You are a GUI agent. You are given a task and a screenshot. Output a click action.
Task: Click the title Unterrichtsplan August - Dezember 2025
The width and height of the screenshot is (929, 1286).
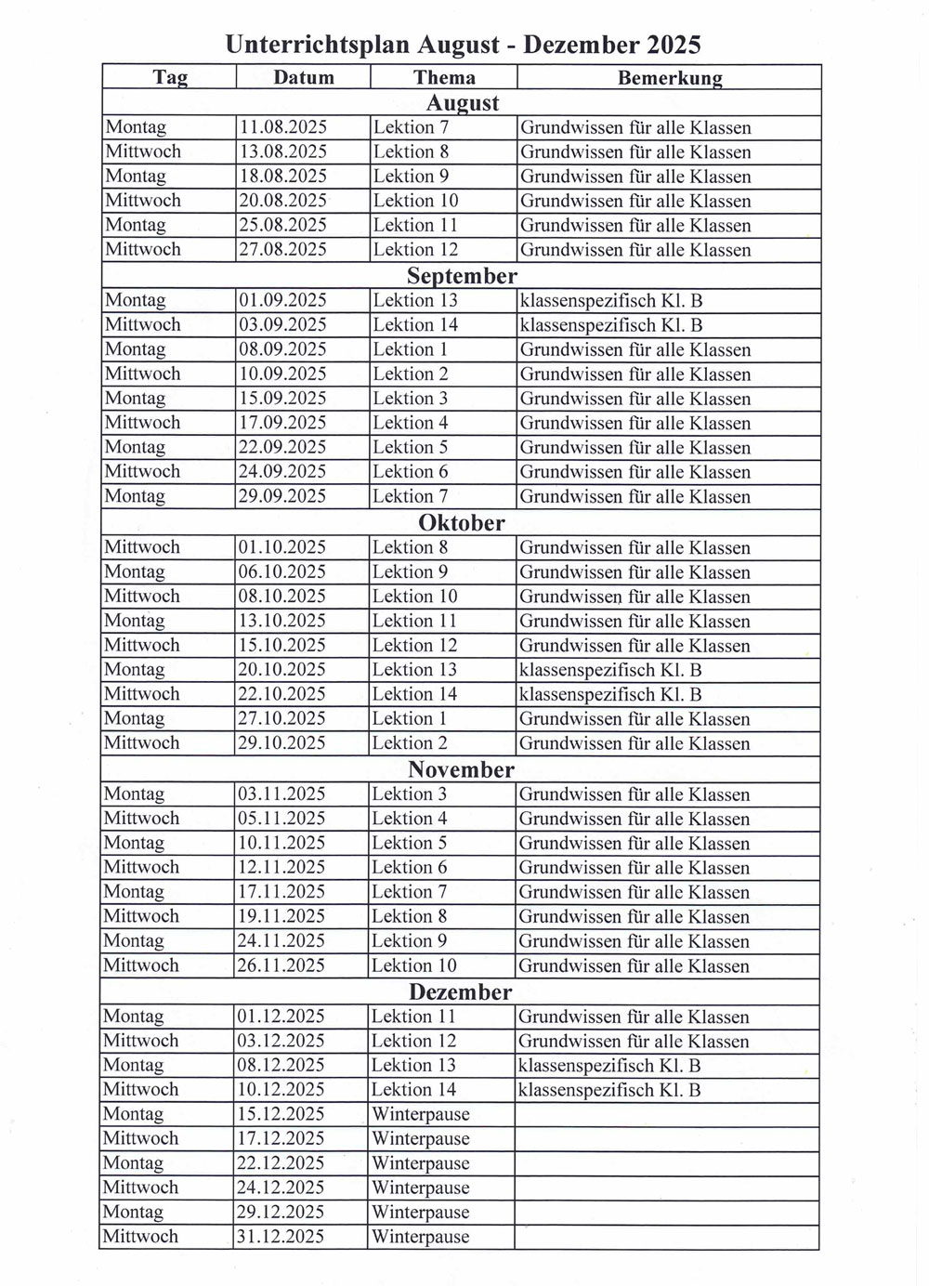click(463, 44)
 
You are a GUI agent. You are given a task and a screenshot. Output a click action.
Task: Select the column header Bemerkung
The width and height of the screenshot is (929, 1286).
click(669, 78)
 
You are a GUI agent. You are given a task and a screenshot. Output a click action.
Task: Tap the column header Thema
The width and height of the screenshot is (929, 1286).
click(444, 78)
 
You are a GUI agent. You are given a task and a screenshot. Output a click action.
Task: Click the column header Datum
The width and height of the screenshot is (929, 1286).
click(304, 78)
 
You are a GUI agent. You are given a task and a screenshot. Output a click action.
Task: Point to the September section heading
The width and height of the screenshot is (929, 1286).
click(462, 276)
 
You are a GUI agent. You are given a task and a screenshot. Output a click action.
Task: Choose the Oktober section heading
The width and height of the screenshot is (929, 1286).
click(462, 523)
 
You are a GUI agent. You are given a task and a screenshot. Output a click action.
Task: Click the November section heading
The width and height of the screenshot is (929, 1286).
click(461, 769)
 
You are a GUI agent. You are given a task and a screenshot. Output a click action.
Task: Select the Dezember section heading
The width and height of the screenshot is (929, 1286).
click(461, 992)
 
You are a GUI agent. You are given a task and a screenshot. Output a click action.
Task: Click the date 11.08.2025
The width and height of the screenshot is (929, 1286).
click(283, 127)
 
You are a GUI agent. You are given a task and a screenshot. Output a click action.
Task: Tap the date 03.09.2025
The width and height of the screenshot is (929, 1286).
click(283, 325)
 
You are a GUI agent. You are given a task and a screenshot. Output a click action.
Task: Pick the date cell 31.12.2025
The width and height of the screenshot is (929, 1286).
click(281, 1237)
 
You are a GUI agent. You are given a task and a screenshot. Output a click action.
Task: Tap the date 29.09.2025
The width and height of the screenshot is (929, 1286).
click(282, 497)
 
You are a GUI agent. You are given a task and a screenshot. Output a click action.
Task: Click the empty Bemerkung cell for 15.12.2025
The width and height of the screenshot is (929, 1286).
click(666, 1114)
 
